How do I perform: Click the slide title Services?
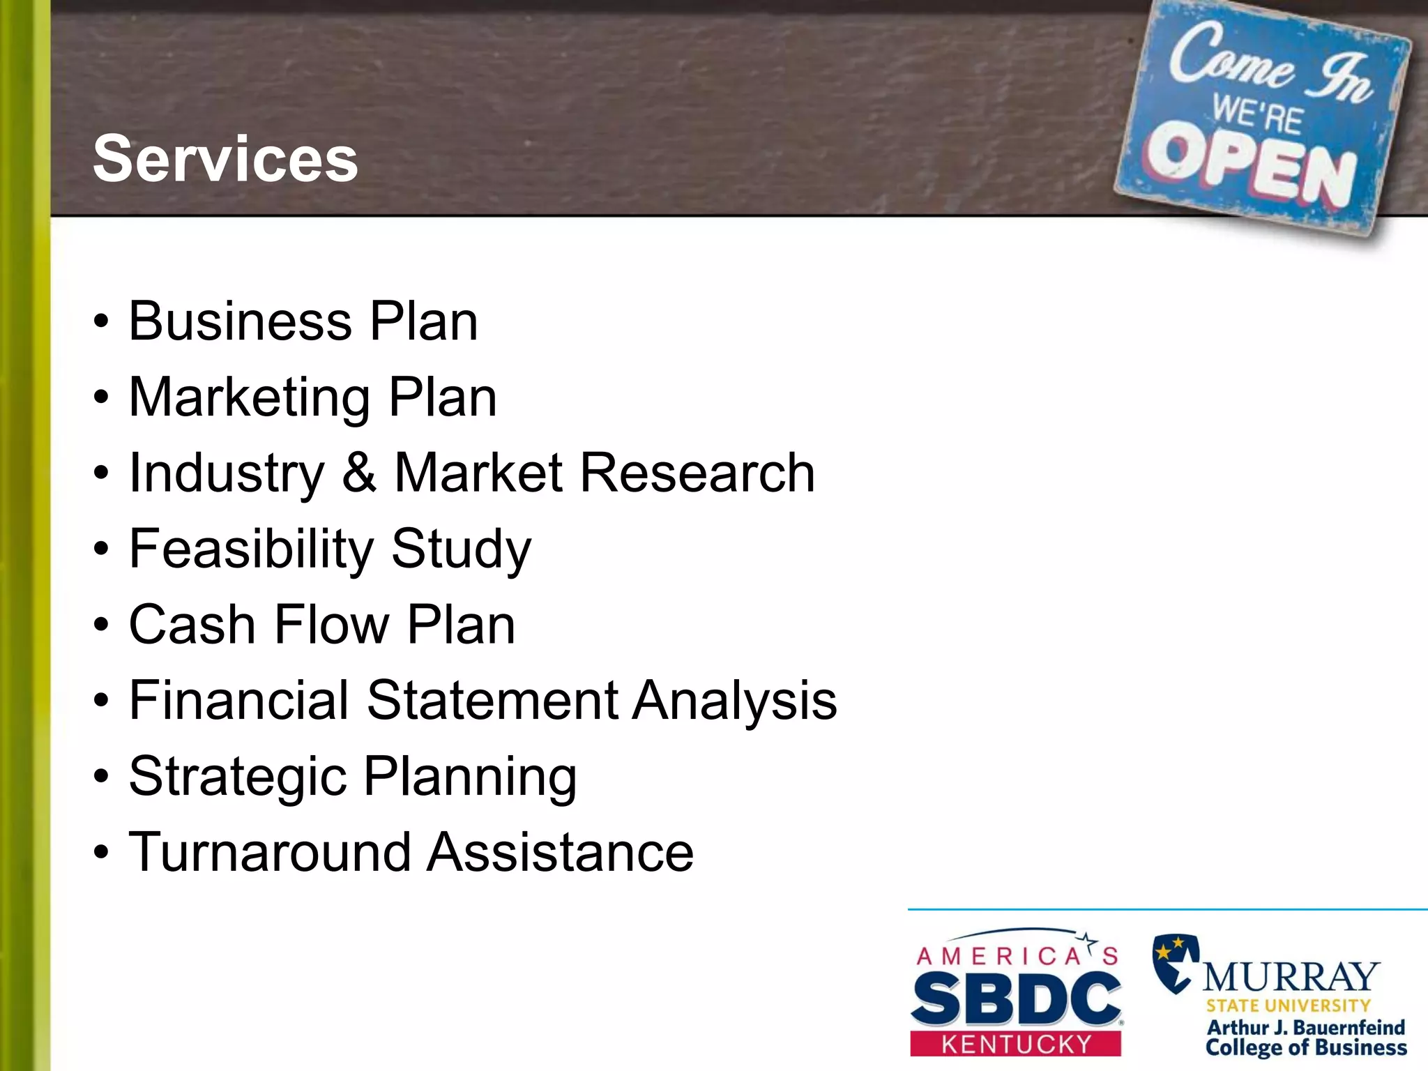(225, 159)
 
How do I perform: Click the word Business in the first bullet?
(241, 321)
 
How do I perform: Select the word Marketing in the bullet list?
(250, 397)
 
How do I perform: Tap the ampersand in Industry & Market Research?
(359, 473)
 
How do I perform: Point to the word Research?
(697, 473)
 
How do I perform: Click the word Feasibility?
(252, 549)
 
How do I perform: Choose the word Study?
(461, 549)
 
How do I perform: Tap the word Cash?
(192, 624)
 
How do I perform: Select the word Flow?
(332, 624)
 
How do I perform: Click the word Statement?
(492, 700)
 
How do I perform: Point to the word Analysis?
(735, 700)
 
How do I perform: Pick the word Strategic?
(238, 776)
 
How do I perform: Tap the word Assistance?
(561, 852)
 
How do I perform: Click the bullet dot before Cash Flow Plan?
(102, 625)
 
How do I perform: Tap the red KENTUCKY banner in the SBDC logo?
(1015, 1044)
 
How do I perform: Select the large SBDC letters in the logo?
(1015, 999)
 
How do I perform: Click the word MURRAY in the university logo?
(1291, 977)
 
